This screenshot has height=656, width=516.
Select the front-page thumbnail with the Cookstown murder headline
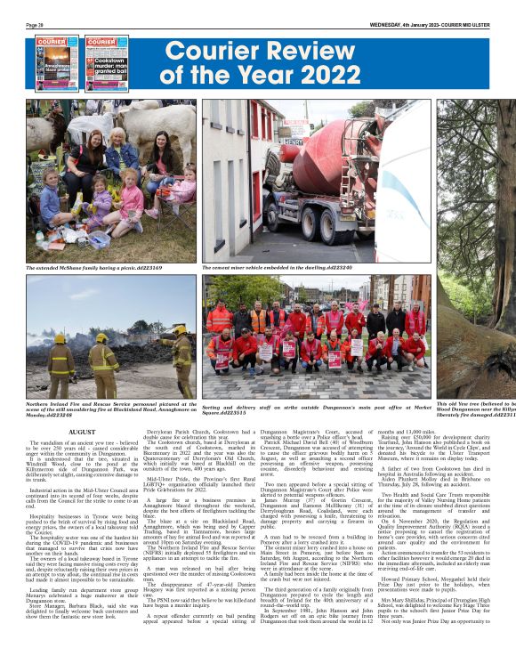(106, 62)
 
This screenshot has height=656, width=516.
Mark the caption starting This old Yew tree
(476, 409)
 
